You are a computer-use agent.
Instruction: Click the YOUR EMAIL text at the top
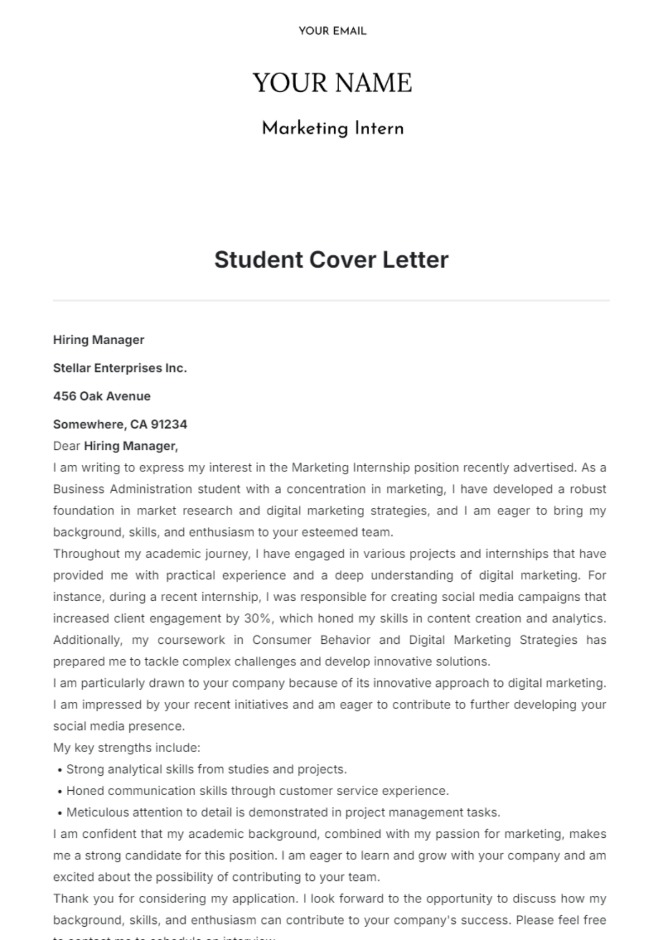[x=332, y=31]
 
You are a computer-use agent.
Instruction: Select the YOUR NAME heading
[x=332, y=83]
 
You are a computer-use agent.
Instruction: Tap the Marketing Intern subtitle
[x=332, y=129]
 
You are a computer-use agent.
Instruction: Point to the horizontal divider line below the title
[x=331, y=301]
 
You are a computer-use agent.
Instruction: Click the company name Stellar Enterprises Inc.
[x=120, y=368]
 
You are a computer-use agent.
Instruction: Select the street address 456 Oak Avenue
[x=102, y=396]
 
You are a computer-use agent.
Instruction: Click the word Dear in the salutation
[x=66, y=446]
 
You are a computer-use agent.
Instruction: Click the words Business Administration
[x=123, y=489]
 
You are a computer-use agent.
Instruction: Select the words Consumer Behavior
[x=311, y=640]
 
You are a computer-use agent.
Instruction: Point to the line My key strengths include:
[x=127, y=748]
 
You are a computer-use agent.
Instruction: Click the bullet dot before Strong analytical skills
[x=59, y=770]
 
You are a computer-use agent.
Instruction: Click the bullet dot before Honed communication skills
[x=59, y=791]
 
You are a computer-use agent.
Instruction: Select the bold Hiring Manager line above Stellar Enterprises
[x=98, y=340]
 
